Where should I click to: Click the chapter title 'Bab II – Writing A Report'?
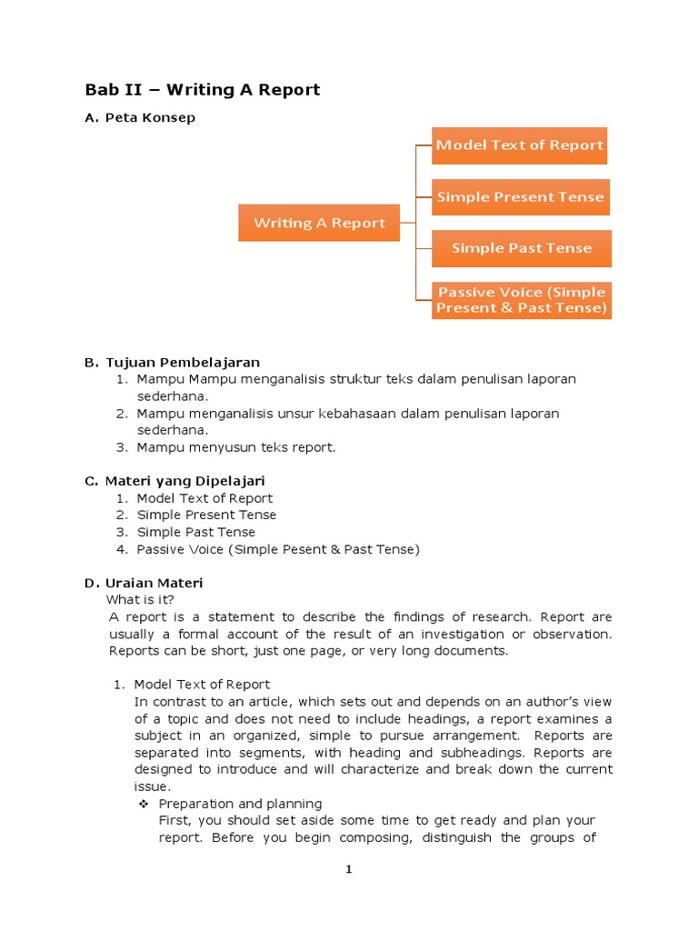tap(203, 89)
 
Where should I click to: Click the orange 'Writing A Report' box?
tap(319, 223)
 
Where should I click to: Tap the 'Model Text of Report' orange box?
tap(519, 145)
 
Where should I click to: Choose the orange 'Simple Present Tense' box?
tap(520, 196)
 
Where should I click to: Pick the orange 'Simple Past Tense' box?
tap(521, 248)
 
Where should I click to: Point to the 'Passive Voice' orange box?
tap(521, 300)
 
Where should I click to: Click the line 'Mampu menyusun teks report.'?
tap(236, 447)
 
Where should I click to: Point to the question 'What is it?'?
tap(140, 599)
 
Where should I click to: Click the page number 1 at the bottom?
tap(348, 870)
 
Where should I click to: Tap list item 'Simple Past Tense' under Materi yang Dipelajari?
tap(196, 532)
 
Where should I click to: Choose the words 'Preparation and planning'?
tap(240, 804)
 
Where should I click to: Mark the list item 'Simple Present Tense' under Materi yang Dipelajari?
tap(206, 515)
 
